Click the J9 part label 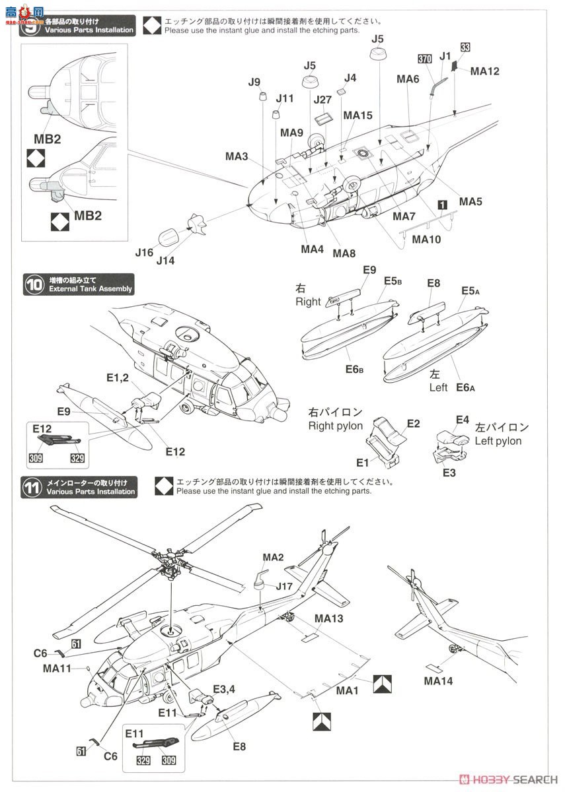tap(254, 82)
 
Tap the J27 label tap(322, 100)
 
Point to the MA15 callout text tap(358, 115)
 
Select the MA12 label tap(485, 71)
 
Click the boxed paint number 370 tap(426, 59)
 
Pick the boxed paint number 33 tap(465, 47)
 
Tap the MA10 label tap(426, 240)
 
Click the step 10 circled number tap(33, 284)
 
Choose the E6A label tap(466, 387)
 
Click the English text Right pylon tap(336, 426)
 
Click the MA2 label tap(273, 558)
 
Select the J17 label tap(284, 585)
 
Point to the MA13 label tap(329, 618)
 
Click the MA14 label tap(438, 680)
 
